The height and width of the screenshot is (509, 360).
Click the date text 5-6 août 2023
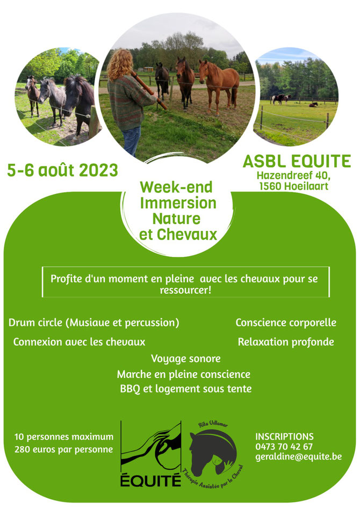click(x=62, y=170)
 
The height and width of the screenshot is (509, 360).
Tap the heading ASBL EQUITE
click(x=297, y=161)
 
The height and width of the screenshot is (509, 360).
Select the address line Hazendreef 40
click(x=293, y=176)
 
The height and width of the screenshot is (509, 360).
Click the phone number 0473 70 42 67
click(x=284, y=446)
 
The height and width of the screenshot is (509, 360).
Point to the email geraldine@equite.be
click(x=299, y=457)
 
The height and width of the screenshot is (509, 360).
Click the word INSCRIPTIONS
click(x=285, y=437)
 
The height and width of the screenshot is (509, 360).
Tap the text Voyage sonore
click(x=186, y=359)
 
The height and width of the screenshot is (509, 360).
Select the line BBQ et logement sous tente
click(x=186, y=389)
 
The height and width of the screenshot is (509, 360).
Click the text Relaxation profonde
click(x=286, y=342)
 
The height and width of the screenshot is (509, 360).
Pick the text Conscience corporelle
click(x=286, y=323)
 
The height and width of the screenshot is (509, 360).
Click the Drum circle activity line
click(x=94, y=323)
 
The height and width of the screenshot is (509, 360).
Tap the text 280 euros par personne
click(x=64, y=449)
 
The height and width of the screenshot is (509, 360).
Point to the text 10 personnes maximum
click(x=64, y=437)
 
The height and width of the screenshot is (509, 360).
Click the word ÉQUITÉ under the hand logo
click(x=150, y=480)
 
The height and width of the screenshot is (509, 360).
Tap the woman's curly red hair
click(x=120, y=64)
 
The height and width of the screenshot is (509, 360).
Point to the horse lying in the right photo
click(x=313, y=105)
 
